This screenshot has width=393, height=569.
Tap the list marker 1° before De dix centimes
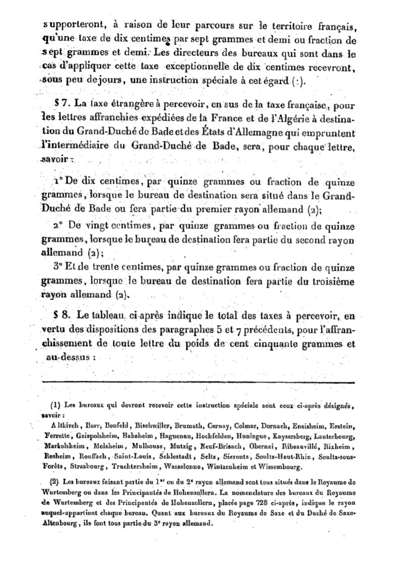[x=57, y=182]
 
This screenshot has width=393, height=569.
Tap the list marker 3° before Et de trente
[x=58, y=267]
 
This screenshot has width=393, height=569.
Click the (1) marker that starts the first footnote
[x=56, y=405]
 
